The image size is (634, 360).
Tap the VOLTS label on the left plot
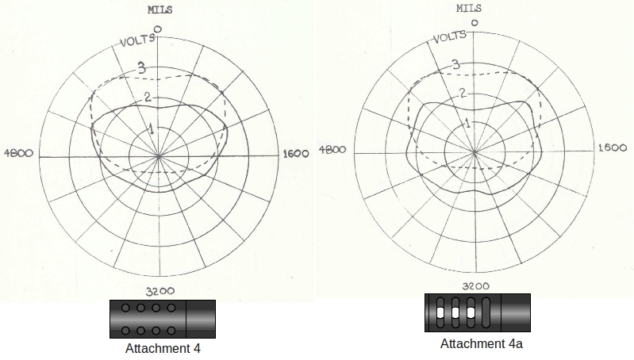click(136, 40)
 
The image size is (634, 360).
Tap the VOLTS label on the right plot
click(451, 36)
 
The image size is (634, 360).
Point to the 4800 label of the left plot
click(19, 153)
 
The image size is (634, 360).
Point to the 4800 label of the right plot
click(333, 149)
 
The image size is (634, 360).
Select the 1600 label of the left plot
click(295, 155)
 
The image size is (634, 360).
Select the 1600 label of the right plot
click(612, 147)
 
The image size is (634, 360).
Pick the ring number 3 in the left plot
click(142, 68)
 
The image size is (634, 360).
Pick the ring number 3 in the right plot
click(456, 65)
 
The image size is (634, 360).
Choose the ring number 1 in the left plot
click(152, 128)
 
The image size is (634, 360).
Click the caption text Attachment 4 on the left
click(163, 348)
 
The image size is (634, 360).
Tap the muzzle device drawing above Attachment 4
click(163, 319)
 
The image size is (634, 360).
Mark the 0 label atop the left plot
click(158, 29)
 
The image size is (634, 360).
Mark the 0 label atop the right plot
click(474, 24)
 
